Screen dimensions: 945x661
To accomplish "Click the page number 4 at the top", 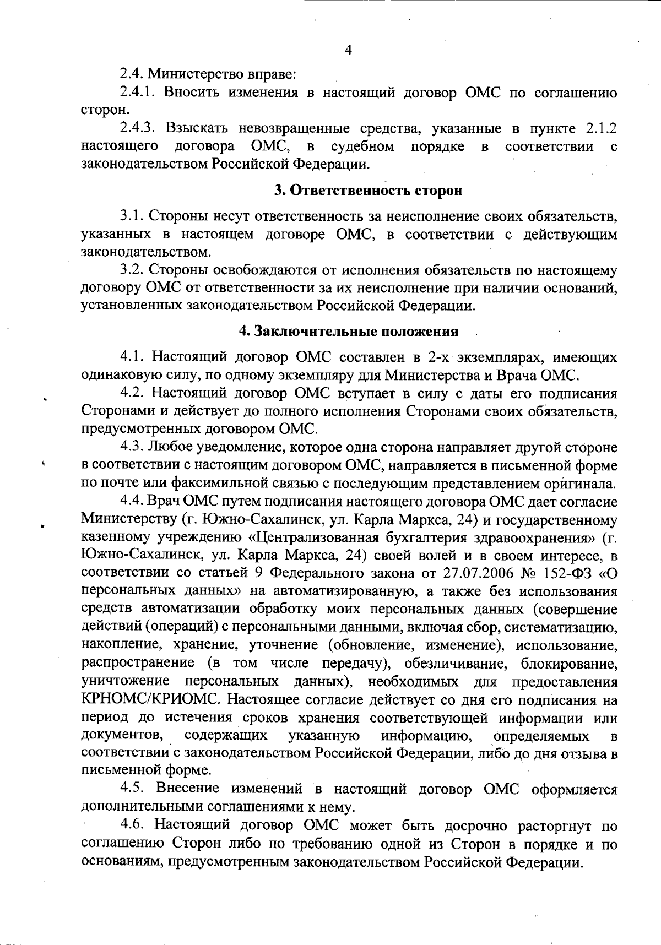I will pos(348,50).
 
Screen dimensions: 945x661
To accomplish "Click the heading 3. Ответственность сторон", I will pos(368,191).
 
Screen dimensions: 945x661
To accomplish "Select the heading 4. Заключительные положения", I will pos(348,332).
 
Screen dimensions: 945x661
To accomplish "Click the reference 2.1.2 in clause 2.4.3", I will pos(598,128).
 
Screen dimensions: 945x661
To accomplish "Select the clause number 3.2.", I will pos(132,270).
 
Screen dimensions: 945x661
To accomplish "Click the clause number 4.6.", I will pos(132,825).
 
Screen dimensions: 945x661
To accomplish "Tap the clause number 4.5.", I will pos(132,789).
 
